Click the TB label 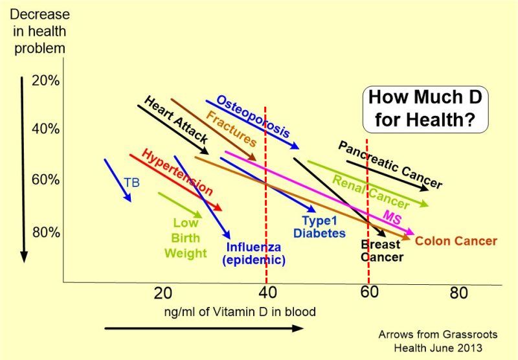132,183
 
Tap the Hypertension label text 177,173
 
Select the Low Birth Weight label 186,238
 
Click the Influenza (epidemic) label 254,253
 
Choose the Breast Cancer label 381,251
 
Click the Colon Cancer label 456,242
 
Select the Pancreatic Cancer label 390,165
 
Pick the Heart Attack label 175,120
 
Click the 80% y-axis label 45,232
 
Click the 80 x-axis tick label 458,293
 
